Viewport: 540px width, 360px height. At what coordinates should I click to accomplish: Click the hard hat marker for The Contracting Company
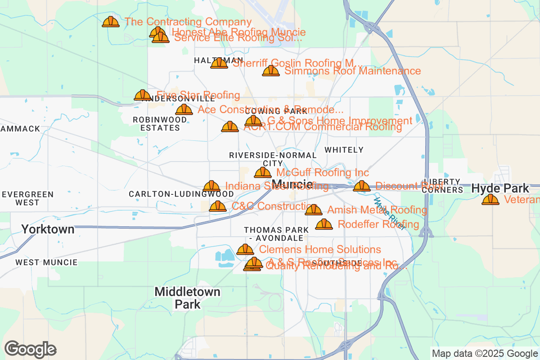point(110,22)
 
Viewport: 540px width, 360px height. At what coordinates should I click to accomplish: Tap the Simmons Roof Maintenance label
point(352,71)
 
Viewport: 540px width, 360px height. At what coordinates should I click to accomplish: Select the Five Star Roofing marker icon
point(143,95)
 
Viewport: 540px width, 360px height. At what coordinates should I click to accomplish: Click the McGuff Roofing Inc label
point(322,173)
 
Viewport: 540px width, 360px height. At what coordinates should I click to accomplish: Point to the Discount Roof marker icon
point(361,186)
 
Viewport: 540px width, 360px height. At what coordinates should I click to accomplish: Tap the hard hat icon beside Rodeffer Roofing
point(324,224)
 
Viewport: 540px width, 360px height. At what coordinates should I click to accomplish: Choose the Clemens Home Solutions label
point(319,250)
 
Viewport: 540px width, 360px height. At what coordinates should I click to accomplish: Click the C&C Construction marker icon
point(218,207)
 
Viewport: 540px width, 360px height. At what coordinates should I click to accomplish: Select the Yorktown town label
point(48,229)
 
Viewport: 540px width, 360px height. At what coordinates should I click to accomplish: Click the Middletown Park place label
point(187,298)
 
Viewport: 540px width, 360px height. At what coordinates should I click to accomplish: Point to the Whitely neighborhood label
point(344,150)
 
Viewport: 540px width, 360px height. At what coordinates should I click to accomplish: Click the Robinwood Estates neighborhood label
point(160,124)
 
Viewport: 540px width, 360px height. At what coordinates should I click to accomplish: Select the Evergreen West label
point(27,198)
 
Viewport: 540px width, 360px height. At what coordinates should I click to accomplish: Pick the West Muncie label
point(46,262)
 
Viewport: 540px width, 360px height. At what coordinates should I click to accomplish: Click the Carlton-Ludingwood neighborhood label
point(181,194)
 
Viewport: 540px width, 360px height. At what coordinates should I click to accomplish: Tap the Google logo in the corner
point(31,349)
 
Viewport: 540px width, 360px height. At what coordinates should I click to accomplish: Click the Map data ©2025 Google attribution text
point(485,353)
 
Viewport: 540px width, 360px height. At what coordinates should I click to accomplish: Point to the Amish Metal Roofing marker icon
point(314,210)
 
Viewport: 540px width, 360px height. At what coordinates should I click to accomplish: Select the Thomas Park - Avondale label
point(276,234)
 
